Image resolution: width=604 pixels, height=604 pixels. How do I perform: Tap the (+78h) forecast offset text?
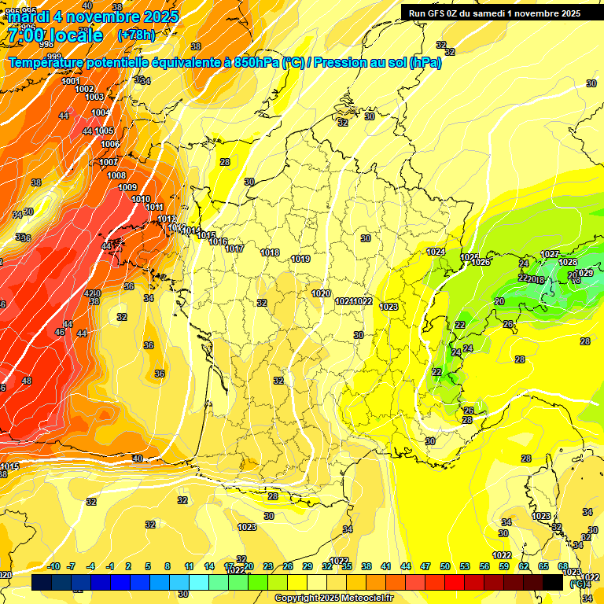click(x=135, y=35)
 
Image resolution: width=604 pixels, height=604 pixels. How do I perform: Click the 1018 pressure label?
click(x=270, y=252)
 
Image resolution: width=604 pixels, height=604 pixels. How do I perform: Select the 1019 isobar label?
click(x=300, y=259)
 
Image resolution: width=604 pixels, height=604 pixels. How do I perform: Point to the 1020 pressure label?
click(x=321, y=293)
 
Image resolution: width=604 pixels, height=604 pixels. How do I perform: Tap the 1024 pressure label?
click(x=436, y=252)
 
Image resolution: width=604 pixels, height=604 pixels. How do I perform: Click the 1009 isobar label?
click(x=127, y=187)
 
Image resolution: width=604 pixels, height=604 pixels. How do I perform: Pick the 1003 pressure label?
click(x=94, y=97)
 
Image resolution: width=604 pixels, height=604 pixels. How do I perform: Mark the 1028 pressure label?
click(x=568, y=262)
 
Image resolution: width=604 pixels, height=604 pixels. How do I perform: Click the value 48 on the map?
click(x=27, y=381)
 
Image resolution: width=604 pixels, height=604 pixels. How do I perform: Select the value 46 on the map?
click(x=60, y=333)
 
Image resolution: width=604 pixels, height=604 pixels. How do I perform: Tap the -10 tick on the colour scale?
click(x=54, y=566)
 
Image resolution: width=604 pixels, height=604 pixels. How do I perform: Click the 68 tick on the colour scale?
click(x=563, y=566)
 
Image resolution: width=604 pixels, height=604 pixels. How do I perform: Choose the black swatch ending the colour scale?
click(x=553, y=582)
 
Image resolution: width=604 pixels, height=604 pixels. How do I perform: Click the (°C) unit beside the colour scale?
click(x=577, y=584)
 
